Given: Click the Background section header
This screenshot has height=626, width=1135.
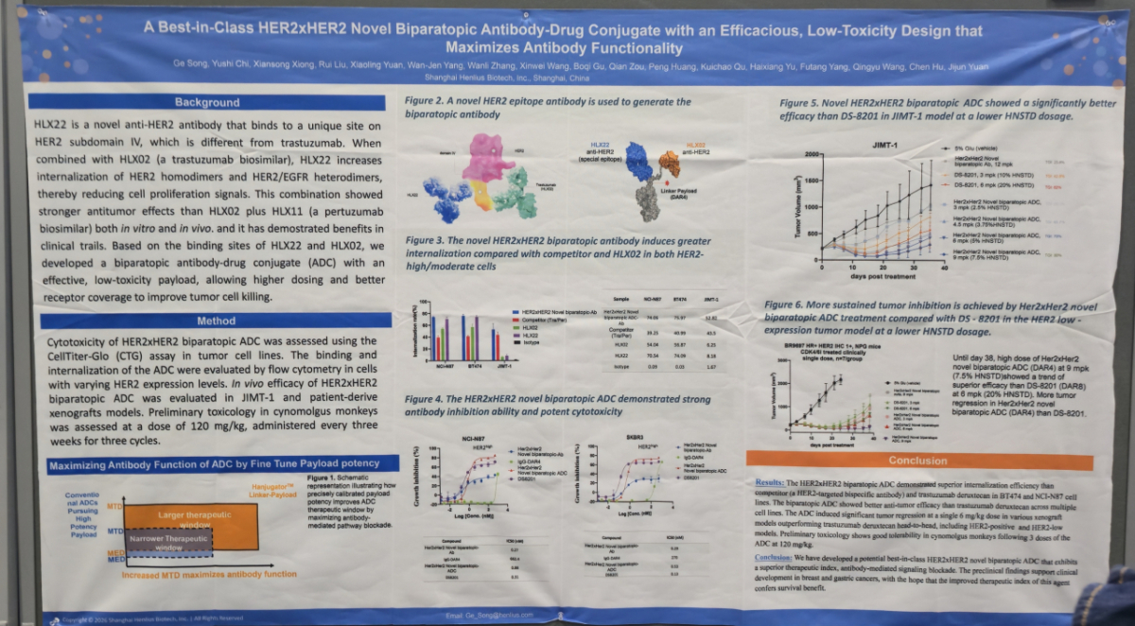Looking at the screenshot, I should (207, 102).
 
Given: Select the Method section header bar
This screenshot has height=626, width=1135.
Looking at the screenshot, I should (217, 321).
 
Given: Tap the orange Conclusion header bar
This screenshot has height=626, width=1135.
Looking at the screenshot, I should (917, 461).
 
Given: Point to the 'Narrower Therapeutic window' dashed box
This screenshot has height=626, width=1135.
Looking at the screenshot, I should (168, 541).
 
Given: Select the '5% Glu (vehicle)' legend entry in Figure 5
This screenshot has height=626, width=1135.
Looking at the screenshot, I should (975, 149).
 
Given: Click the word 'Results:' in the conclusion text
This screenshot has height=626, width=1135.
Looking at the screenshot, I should (770, 482).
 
